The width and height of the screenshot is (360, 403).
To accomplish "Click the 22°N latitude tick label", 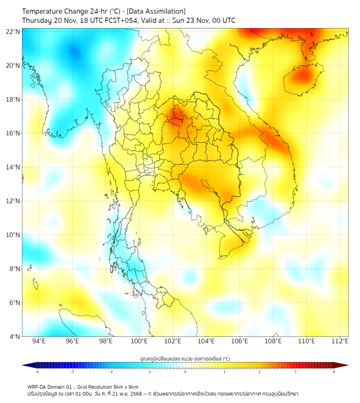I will point(13,32).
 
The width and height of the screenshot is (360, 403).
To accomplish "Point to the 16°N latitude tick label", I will point(13,133).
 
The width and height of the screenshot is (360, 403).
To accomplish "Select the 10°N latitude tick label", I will point(13,235).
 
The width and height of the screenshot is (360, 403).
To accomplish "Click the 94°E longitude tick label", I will point(39,341).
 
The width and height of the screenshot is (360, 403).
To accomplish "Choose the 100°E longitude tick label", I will point(139,341).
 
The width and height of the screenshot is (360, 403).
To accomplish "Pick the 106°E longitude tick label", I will point(240,341).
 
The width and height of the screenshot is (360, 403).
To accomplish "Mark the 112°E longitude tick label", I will point(340,341).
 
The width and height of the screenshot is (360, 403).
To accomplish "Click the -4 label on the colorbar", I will point(36,372).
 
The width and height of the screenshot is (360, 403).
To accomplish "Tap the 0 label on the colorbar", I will point(185,372).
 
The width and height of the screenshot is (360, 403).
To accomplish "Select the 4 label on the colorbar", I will point(334,372).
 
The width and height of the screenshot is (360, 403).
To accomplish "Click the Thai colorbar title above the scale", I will point(185,358).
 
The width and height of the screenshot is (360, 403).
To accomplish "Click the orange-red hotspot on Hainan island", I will point(302,75).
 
